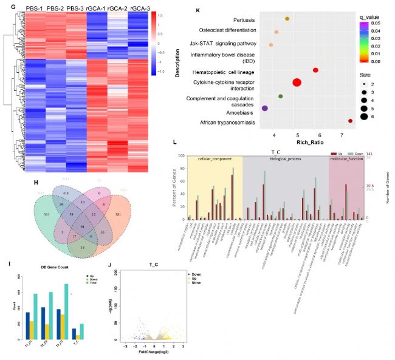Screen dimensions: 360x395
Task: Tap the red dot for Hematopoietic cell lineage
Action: [315, 70]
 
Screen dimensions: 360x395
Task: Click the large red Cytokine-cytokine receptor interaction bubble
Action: [297, 83]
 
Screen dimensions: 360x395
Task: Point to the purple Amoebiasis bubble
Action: [264, 108]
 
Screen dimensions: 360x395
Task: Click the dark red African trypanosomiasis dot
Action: [350, 121]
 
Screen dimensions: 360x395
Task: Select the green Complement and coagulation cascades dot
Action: [280, 96]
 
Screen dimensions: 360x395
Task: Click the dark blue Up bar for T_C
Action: [75, 331]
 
